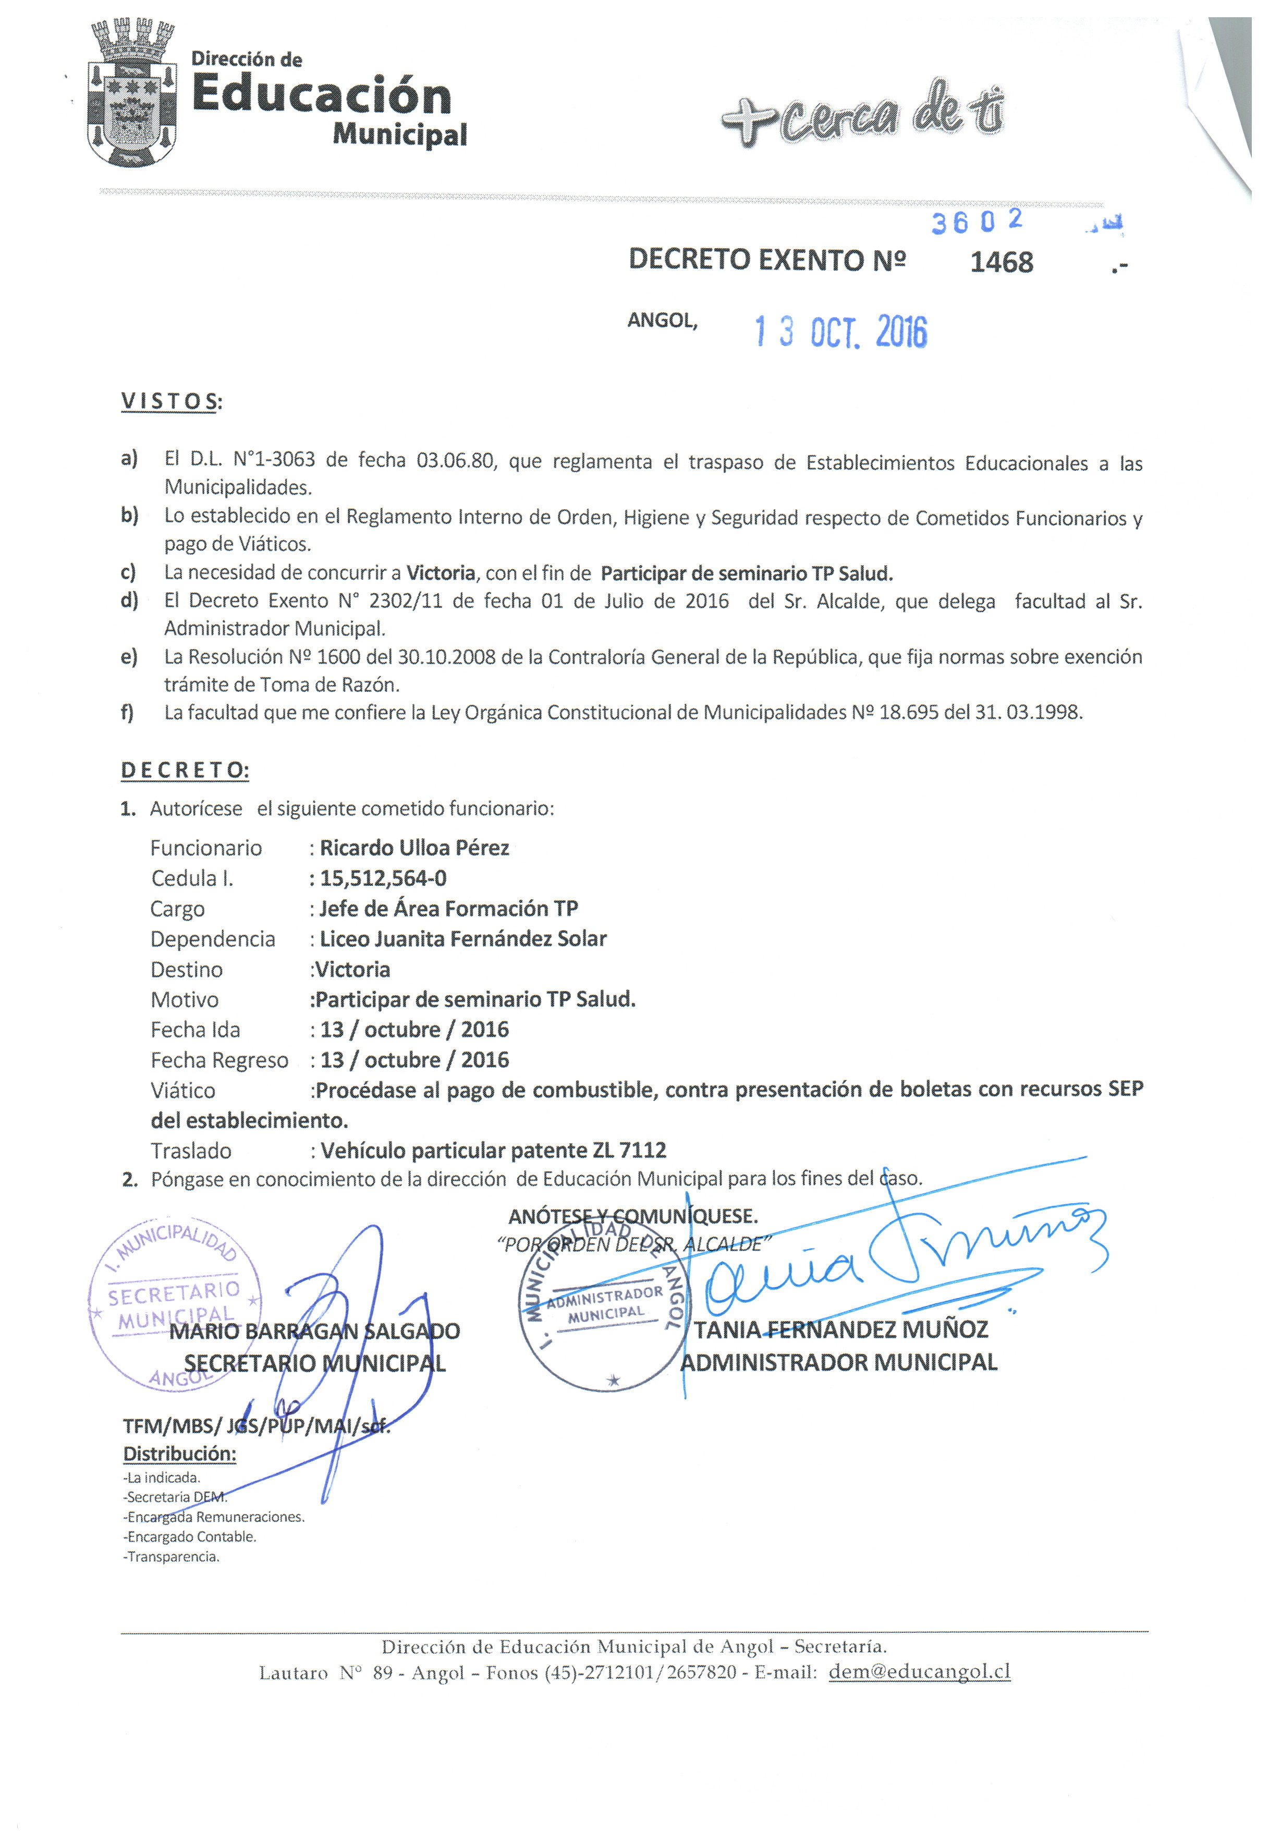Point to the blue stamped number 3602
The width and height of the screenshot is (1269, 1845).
977,223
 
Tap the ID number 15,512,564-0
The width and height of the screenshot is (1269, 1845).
383,878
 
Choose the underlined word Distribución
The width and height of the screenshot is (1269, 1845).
180,1454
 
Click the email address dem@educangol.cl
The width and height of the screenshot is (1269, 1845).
919,1672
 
